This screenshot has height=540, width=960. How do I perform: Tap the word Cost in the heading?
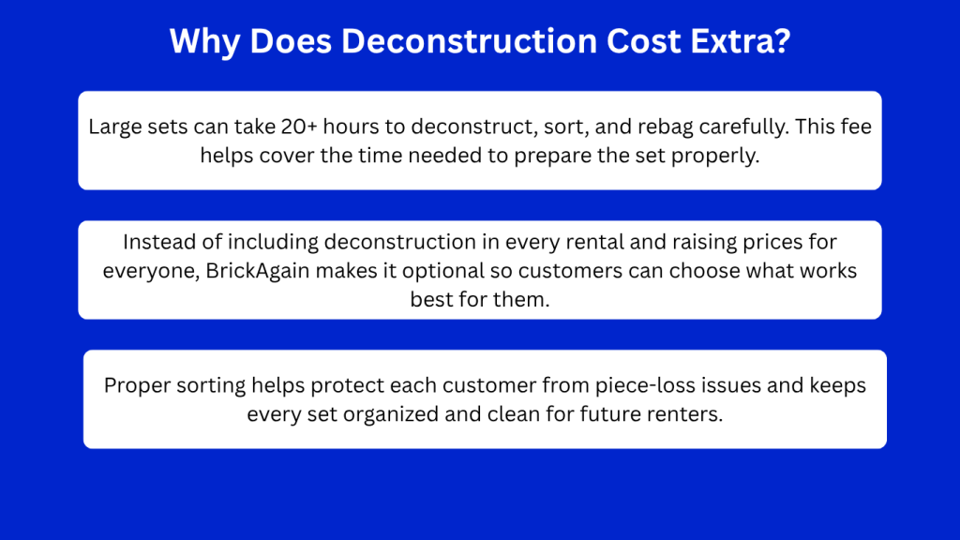point(643,41)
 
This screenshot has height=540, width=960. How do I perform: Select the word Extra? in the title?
point(741,41)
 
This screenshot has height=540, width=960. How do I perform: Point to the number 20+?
point(299,127)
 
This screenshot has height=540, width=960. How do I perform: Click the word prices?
point(773,243)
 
